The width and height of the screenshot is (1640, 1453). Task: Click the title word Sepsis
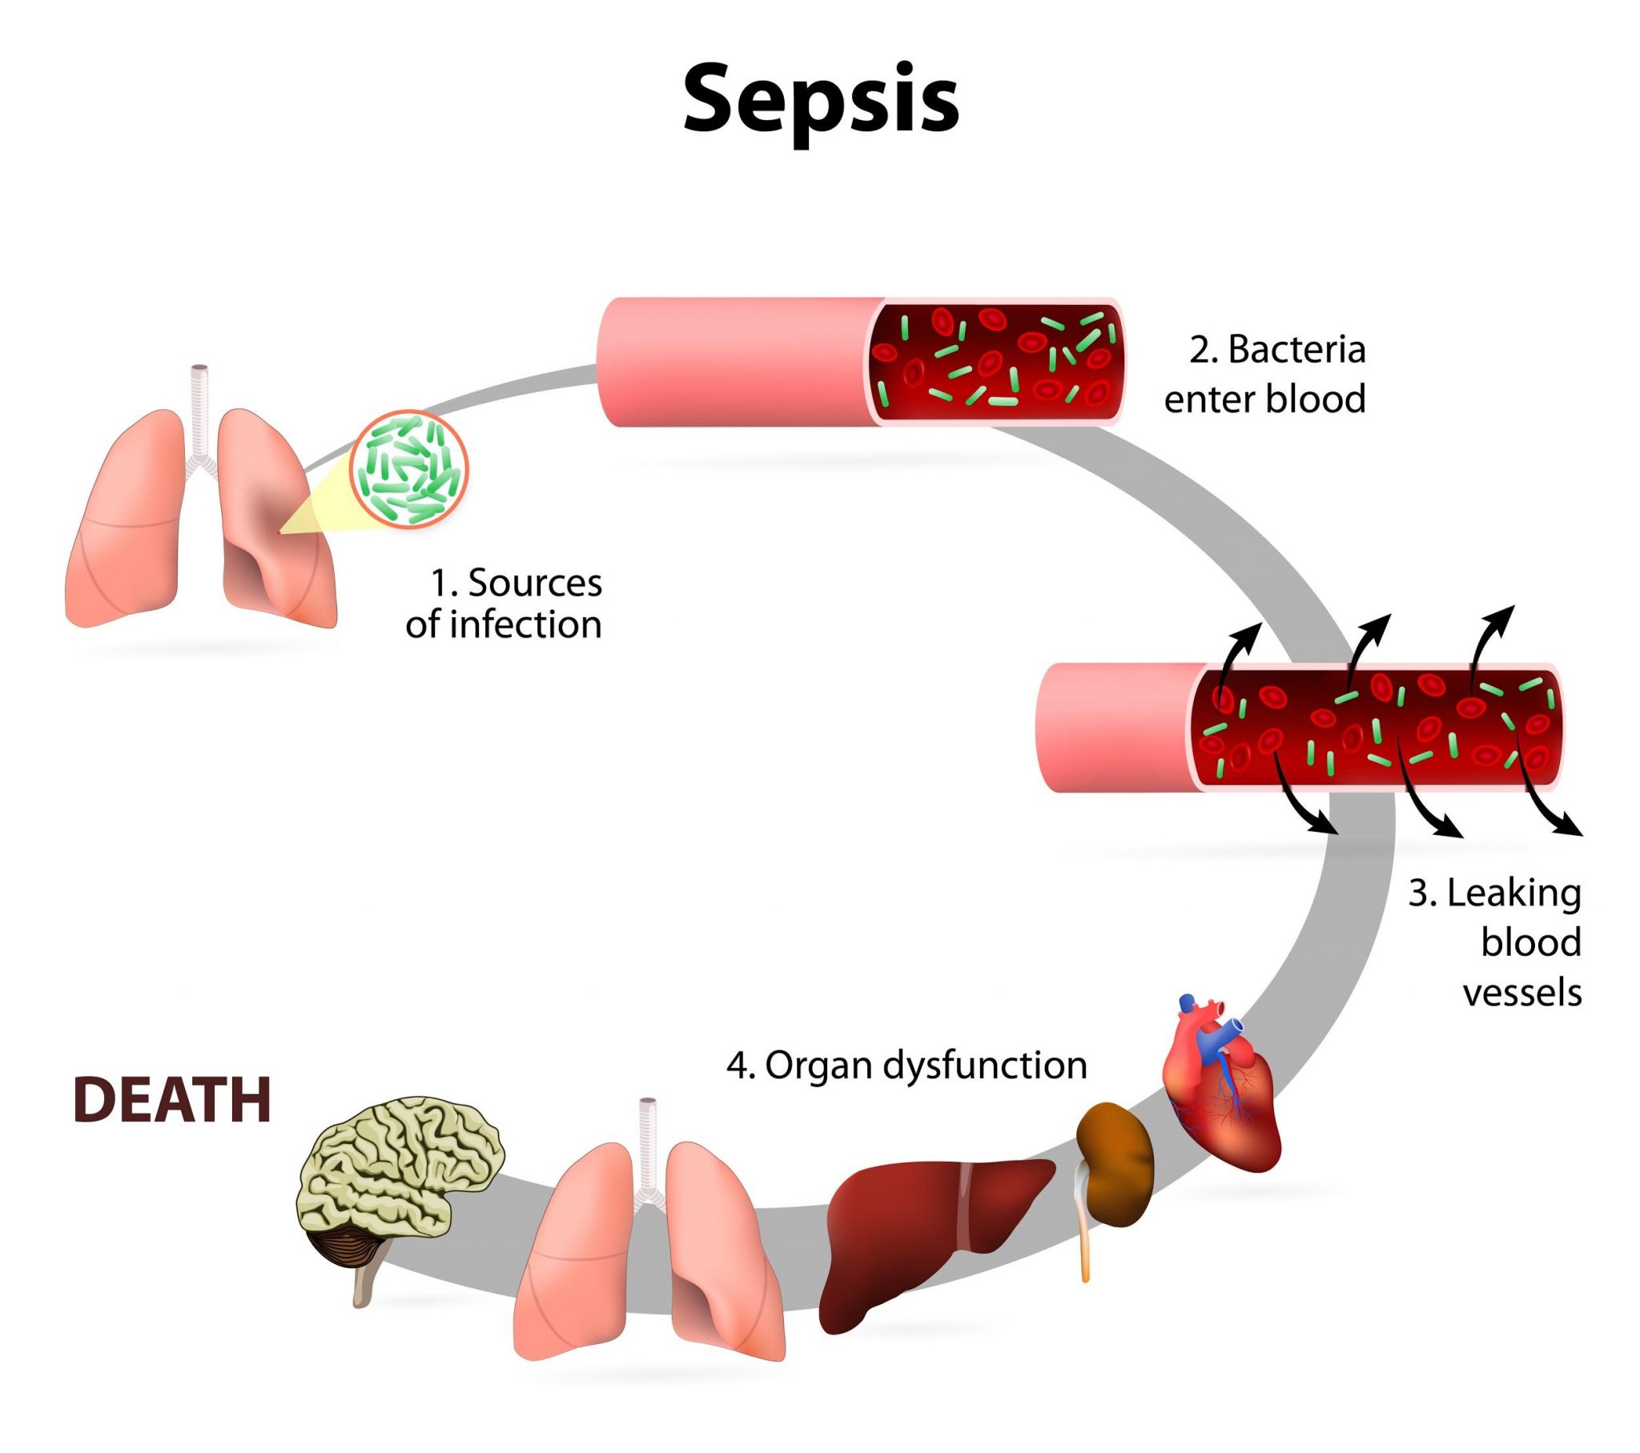(x=820, y=100)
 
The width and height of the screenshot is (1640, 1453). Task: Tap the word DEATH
(x=172, y=1100)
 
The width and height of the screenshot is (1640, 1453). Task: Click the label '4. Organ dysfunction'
(x=906, y=1066)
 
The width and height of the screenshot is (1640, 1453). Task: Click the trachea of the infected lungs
(x=198, y=409)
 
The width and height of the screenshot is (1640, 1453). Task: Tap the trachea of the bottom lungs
(x=648, y=1143)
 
